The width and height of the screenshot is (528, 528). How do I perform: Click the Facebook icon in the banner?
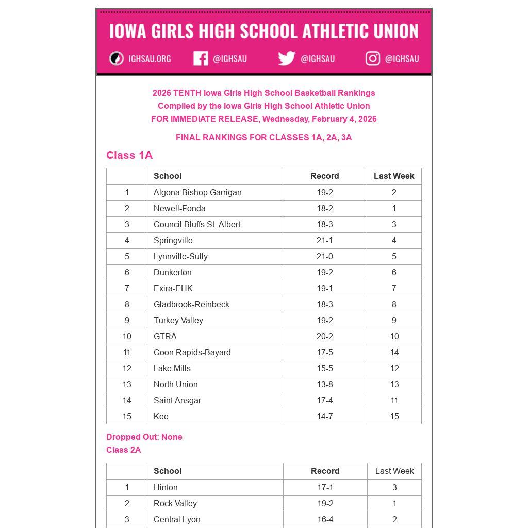201,59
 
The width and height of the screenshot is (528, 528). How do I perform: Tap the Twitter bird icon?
287,59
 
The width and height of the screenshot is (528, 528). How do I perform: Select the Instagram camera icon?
373,59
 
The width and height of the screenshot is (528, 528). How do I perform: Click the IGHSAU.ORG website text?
150,59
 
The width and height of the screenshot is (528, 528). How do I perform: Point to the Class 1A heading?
129,155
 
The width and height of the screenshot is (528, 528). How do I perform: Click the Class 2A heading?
124,450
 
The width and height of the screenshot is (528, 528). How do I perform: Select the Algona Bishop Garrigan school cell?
197,192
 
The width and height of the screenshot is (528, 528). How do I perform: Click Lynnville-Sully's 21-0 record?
324,256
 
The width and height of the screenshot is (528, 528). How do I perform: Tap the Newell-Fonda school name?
179,208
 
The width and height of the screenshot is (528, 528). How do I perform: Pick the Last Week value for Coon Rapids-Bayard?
394,352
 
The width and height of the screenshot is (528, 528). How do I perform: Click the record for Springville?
324,240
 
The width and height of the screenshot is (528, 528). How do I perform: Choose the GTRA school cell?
165,336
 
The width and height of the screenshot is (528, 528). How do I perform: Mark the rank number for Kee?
127,416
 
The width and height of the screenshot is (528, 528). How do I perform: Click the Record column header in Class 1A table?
324,176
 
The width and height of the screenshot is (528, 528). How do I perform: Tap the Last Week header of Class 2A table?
394,471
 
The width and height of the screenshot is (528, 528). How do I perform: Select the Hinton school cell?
166,487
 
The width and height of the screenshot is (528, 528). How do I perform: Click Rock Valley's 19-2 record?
325,503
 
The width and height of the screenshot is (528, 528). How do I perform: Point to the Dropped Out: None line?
144,437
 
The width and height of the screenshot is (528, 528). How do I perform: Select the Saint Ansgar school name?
177,400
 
